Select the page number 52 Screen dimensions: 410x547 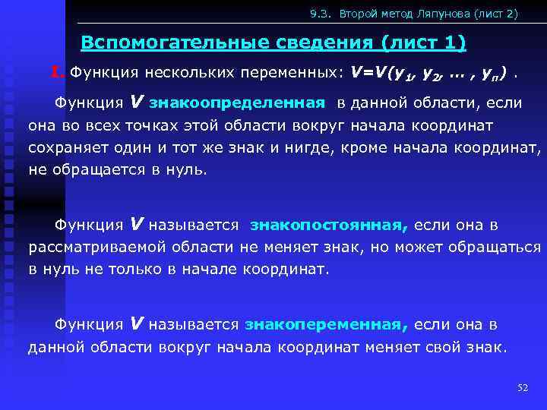pos(522,388)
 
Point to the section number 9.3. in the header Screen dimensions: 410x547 pos(322,14)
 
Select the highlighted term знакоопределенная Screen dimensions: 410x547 pos(238,103)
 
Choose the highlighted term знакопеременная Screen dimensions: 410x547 pos(326,325)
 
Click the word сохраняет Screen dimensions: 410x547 pos(65,147)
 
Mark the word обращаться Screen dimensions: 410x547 pos(497,247)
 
